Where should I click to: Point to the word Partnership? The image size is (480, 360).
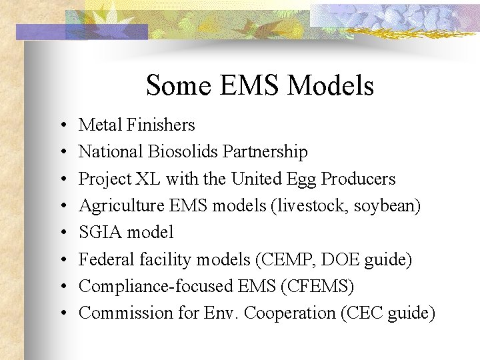click(265, 152)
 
